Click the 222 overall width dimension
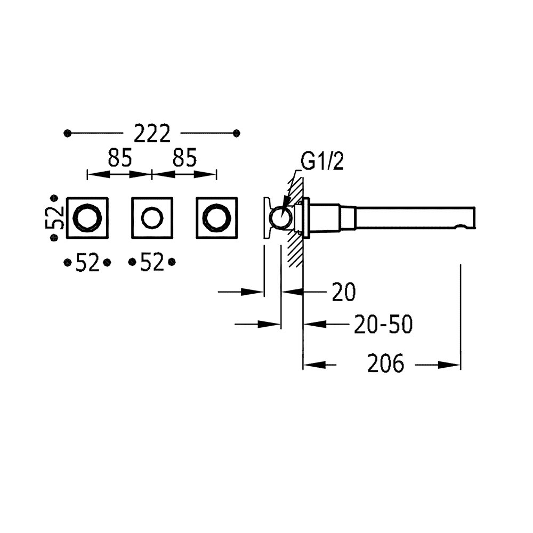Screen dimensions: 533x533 152,133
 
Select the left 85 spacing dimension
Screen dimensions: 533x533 119,158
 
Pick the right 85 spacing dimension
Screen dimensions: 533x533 184,158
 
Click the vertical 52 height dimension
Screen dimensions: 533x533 54,218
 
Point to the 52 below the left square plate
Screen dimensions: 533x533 87,262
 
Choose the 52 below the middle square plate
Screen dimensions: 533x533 152,262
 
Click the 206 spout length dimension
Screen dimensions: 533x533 386,364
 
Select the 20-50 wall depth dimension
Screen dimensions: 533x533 383,324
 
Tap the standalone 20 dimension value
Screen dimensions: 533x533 344,292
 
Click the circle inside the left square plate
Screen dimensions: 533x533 87,217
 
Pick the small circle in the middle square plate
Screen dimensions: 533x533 152,217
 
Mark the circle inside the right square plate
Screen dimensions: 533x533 216,217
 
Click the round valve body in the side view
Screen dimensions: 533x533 281,217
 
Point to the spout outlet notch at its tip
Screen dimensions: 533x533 461,226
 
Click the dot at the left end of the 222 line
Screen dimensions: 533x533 68,133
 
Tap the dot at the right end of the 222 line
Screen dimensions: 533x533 237,133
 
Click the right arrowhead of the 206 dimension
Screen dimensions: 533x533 449,365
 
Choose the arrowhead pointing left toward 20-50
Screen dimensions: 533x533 315,324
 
